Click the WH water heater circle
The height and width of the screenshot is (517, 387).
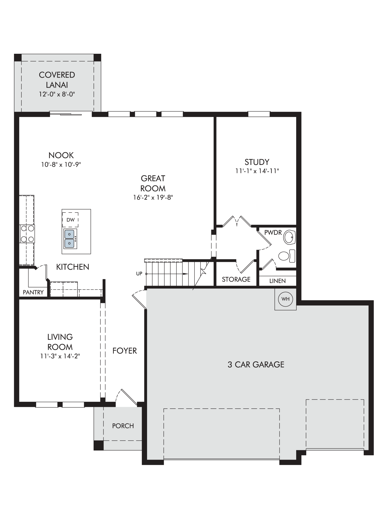tap(285, 299)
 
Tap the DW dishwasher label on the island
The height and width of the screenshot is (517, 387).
tap(70, 220)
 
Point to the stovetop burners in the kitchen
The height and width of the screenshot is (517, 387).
tap(27, 234)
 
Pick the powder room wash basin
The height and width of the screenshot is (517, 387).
tap(290, 237)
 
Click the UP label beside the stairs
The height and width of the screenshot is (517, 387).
tap(139, 273)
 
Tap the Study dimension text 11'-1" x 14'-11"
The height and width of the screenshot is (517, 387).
tap(257, 171)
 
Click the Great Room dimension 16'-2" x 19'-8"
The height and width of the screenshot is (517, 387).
tap(153, 197)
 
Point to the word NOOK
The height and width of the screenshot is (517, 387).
tap(61, 155)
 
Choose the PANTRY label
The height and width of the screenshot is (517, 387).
tap(33, 292)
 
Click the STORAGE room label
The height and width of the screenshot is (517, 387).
tap(236, 279)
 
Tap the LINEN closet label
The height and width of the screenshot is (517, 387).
tap(277, 281)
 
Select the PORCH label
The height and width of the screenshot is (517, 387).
tap(123, 426)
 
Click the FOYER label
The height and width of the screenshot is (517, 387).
tap(125, 351)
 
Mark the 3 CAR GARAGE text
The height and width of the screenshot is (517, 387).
tap(256, 364)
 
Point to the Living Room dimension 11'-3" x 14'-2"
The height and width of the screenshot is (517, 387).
tap(60, 356)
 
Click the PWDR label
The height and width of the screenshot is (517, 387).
tap(273, 232)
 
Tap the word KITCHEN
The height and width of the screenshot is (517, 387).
tap(73, 267)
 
